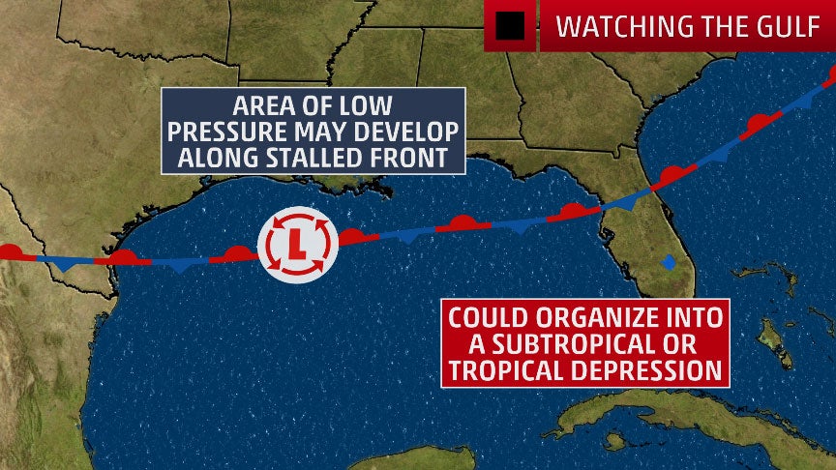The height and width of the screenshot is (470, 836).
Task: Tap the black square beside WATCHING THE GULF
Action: (510, 26)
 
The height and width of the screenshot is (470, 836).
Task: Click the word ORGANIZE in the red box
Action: (607, 318)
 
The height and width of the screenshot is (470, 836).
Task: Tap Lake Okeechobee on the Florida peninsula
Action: (668, 261)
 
